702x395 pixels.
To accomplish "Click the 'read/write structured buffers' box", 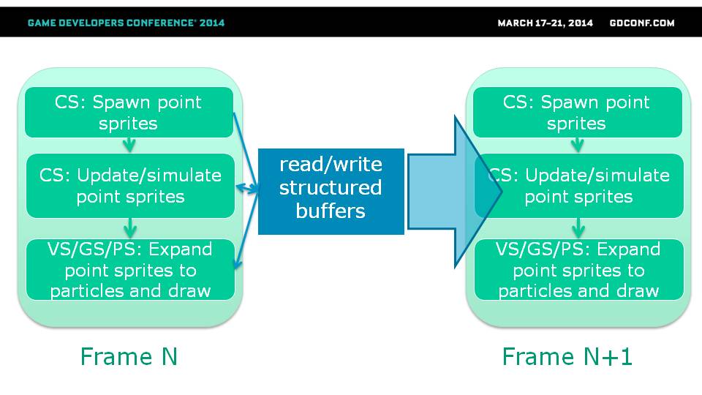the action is click(x=331, y=191).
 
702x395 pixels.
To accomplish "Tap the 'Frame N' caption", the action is click(x=129, y=357).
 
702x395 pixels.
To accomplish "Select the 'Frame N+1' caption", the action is click(x=567, y=357).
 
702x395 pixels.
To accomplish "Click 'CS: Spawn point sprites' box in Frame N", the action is click(x=129, y=113).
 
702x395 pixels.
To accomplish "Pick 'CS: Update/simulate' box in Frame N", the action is click(x=130, y=186).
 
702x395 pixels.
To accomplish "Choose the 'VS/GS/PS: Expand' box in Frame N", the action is click(x=130, y=270).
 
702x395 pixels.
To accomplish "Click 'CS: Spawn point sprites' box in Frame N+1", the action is click(x=578, y=113).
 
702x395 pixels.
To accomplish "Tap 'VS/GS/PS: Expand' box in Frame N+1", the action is click(x=579, y=270).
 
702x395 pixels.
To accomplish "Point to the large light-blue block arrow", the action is click(x=454, y=192).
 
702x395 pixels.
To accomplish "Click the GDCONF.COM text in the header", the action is click(x=642, y=23).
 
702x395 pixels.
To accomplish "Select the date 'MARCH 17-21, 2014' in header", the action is click(x=546, y=23).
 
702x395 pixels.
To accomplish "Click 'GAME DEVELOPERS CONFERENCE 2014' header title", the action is click(x=126, y=23).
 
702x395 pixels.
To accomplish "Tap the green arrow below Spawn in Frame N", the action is click(x=129, y=145).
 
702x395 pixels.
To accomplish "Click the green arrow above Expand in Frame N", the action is click(x=130, y=228).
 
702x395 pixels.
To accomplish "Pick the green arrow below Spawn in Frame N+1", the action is click(x=578, y=145).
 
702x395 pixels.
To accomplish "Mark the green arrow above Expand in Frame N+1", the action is click(x=578, y=228).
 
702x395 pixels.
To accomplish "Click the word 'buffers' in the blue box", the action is click(x=331, y=211).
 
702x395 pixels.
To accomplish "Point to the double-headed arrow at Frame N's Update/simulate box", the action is click(x=247, y=189).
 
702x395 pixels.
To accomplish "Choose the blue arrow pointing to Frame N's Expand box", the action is click(x=247, y=229).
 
